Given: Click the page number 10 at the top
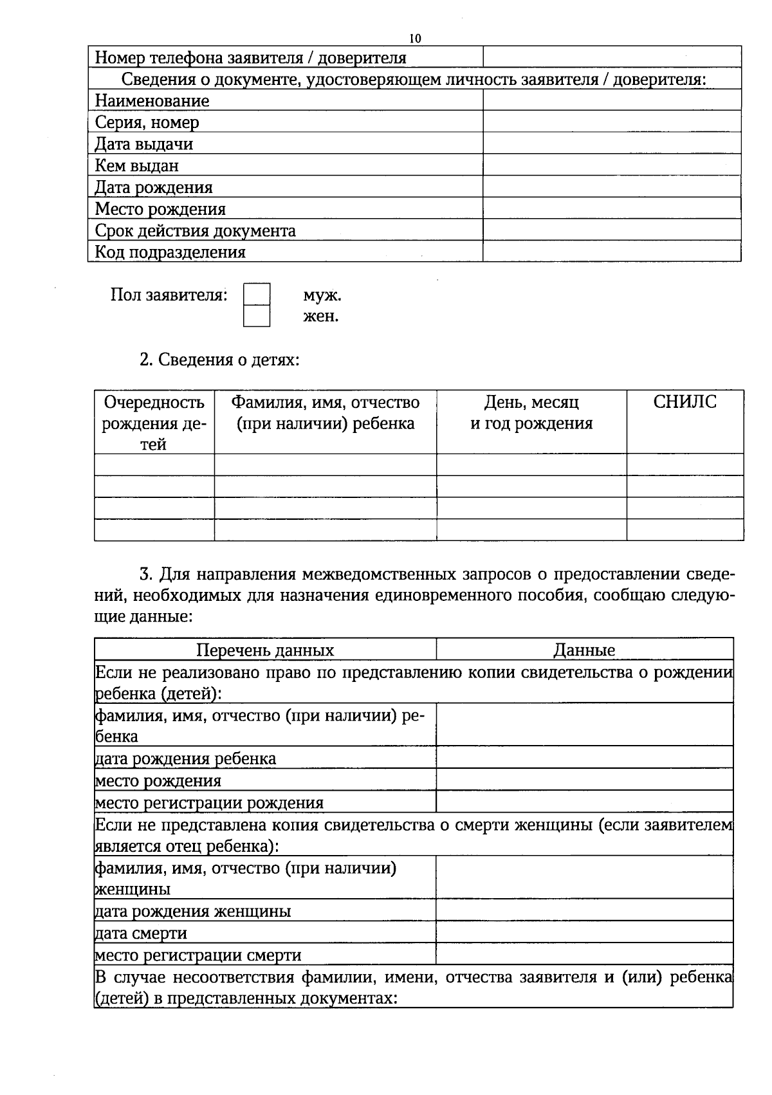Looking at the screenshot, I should coord(415,39).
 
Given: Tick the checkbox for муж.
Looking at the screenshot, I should coord(257,295).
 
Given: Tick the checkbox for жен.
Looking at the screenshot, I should coord(257,316).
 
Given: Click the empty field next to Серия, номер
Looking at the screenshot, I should coord(612,122).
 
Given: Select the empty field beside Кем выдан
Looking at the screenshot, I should coord(612,165).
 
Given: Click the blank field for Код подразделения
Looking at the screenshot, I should coord(612,251).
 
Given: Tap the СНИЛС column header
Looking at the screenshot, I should coord(685,402).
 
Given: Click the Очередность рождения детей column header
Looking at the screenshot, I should coord(154,423).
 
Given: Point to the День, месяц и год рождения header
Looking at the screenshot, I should coord(531,413).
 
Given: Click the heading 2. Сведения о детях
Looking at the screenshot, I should coord(219,360).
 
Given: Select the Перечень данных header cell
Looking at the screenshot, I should coord(265,650).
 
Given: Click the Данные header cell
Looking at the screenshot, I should coord(584,650).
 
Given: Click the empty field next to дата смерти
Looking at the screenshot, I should coord(584,932).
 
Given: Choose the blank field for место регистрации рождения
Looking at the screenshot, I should coord(584,802).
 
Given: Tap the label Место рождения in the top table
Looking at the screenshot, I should coord(160,209).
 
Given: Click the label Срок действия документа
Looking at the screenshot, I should coord(196,230).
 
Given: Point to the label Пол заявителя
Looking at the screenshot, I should coord(169,295).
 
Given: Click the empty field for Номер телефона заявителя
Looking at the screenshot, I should coord(612,57).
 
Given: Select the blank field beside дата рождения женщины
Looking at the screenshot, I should coord(584,910).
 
